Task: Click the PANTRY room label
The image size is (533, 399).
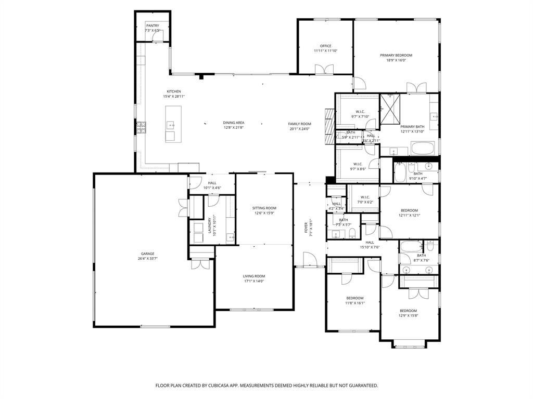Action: [x=153, y=25]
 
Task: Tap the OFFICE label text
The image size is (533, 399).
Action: [x=326, y=46]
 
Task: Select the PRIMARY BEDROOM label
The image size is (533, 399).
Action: [x=396, y=55]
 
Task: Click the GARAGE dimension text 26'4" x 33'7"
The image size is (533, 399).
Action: [x=147, y=258]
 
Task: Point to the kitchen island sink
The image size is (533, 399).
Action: [x=171, y=125]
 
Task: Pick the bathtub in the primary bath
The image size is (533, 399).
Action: [x=425, y=148]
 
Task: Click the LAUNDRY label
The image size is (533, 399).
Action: [x=210, y=225]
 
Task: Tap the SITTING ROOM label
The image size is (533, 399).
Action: [x=264, y=208]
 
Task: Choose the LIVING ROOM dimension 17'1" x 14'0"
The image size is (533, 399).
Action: [x=253, y=281]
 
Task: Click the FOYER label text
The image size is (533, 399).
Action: [x=306, y=227]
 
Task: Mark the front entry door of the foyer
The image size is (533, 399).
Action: [x=309, y=260]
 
